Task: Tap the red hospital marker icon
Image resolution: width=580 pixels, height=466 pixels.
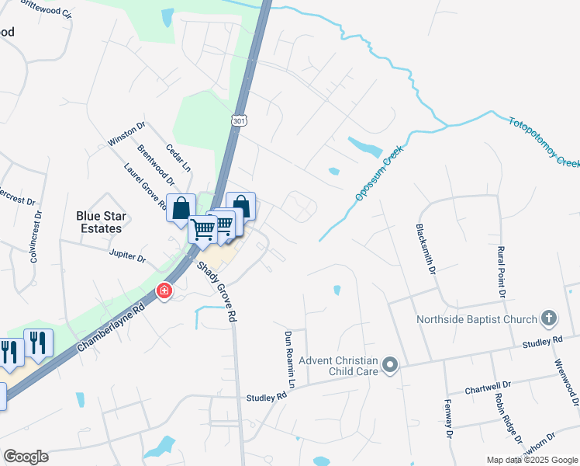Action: tap(164, 291)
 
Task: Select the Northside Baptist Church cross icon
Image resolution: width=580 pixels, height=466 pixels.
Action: tap(549, 318)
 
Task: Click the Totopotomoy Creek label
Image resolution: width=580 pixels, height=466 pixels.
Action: tap(544, 142)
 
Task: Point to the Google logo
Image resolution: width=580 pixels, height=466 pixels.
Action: tap(26, 457)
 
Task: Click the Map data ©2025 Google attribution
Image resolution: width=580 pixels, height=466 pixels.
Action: tap(532, 460)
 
